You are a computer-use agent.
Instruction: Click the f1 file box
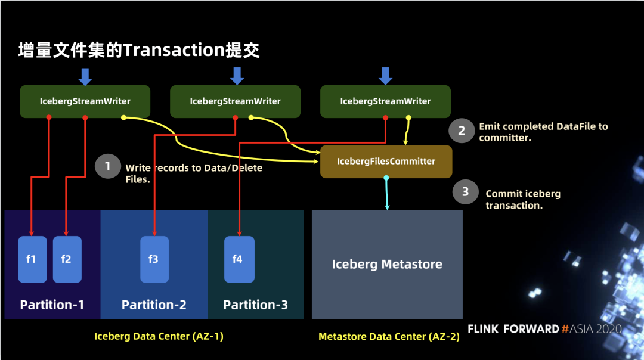[x=32, y=259]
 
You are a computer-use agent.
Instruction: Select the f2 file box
[x=67, y=259]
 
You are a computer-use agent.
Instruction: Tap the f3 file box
[x=154, y=259]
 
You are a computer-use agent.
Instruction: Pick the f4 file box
[x=239, y=259]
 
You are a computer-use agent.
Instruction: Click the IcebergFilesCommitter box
[x=386, y=162]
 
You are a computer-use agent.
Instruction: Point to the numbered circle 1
[x=107, y=166]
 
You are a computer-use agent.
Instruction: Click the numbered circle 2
[x=461, y=131]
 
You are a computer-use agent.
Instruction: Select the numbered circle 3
[x=465, y=191]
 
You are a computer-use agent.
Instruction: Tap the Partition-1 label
[x=52, y=305]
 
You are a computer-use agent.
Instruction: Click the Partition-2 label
[x=154, y=305]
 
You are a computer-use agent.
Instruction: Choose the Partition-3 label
[x=255, y=305]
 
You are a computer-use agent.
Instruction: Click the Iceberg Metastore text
[x=387, y=264]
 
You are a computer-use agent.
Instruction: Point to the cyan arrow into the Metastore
[x=386, y=193]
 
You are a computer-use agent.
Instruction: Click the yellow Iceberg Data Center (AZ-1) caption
[x=159, y=336]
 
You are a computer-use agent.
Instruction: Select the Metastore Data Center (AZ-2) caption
[x=389, y=337]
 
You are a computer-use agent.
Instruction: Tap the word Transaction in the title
[x=174, y=50]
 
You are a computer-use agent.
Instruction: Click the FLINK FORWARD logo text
[x=513, y=329]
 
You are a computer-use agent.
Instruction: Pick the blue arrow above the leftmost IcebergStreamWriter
[x=85, y=77]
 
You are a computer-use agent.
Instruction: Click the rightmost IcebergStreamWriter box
[x=385, y=101]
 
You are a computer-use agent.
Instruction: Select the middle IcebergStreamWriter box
[x=235, y=101]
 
